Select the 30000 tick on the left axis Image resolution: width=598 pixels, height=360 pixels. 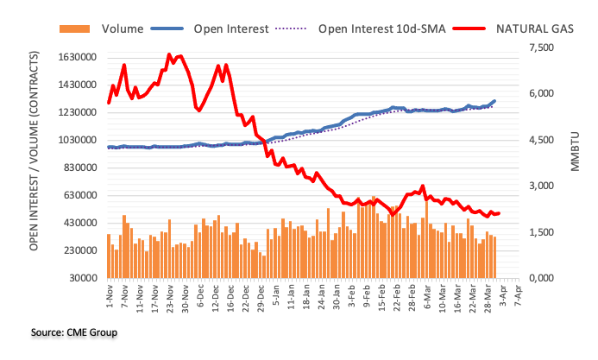click(x=81, y=278)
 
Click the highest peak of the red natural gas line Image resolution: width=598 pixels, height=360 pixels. click(x=169, y=54)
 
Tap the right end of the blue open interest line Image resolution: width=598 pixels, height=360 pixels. click(x=494, y=101)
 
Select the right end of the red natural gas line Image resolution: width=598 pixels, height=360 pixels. click(x=499, y=213)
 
